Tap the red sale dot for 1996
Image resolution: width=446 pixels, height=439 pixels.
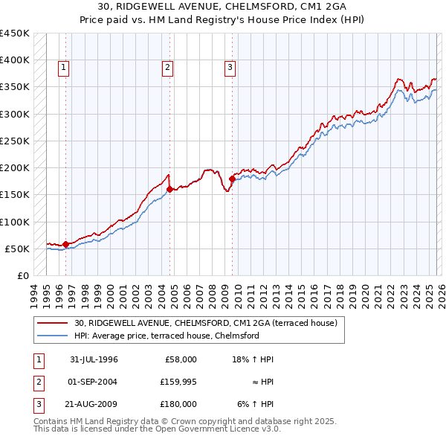[x=65, y=244]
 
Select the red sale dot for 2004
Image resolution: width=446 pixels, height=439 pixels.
[x=169, y=189]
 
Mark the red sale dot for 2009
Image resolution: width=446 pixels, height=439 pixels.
[x=232, y=179]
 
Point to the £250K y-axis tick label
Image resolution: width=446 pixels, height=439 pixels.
[x=15, y=141]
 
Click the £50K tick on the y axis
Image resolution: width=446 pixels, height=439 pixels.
[x=18, y=249]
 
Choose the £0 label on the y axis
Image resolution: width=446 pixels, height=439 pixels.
[x=23, y=275]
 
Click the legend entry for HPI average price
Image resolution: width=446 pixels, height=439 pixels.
[x=166, y=336]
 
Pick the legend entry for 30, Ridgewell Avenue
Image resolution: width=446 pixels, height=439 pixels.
[x=205, y=323]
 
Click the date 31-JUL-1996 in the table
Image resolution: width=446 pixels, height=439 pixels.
[x=94, y=359]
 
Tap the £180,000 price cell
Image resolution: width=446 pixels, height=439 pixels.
[x=178, y=404]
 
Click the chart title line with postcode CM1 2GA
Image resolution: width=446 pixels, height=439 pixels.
[x=223, y=7]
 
